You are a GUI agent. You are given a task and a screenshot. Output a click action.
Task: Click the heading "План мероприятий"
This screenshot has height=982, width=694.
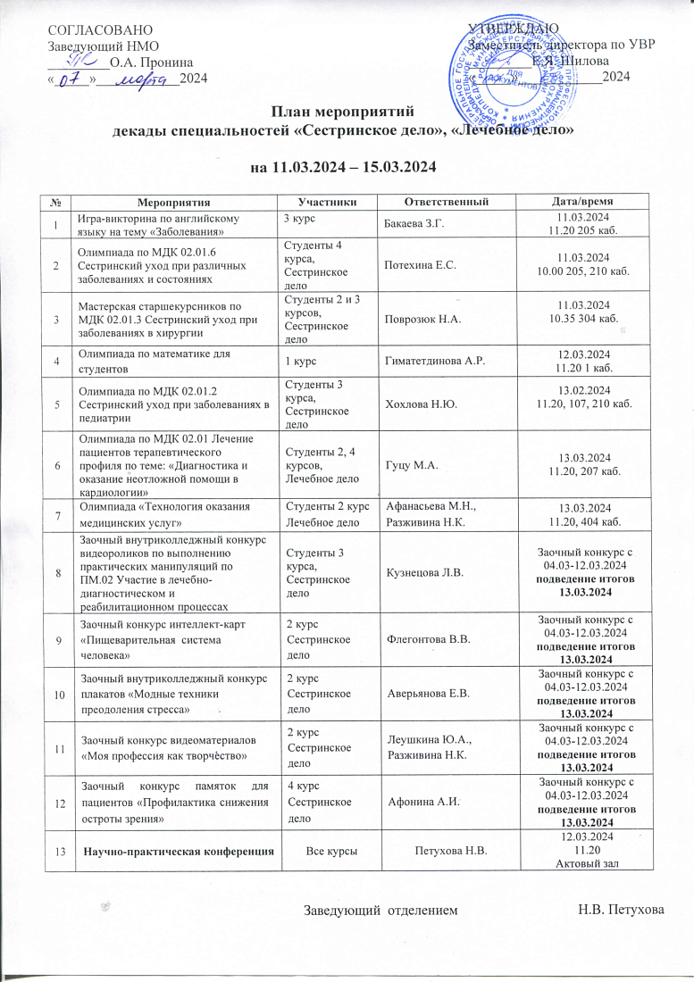click(347, 112)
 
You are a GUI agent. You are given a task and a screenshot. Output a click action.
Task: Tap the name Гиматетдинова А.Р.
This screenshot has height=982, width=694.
click(434, 360)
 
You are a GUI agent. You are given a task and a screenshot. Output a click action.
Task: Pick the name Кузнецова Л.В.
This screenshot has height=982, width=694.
click(424, 569)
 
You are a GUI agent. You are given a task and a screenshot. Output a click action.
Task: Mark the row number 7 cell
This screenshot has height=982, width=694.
click(58, 516)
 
